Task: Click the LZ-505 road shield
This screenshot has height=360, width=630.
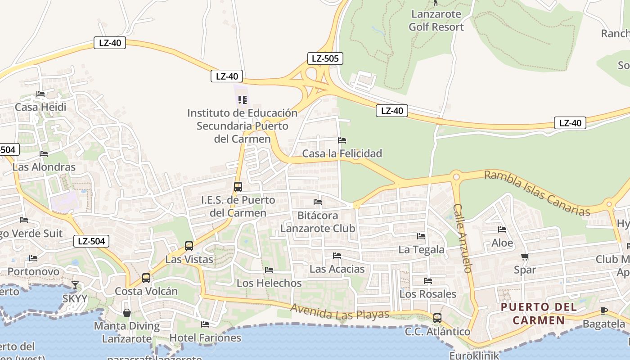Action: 325,58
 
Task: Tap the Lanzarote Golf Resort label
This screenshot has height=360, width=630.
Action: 436,20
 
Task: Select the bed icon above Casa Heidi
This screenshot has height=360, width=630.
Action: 40,94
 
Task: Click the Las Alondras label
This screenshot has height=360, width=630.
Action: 44,167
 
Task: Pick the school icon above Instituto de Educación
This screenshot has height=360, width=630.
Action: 243,99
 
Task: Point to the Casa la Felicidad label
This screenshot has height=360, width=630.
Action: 342,153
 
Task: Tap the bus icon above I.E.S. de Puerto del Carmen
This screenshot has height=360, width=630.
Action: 238,186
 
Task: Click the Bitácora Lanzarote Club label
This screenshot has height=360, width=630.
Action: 318,222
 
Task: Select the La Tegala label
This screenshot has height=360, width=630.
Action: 422,249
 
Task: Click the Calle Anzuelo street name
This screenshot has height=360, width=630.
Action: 462,238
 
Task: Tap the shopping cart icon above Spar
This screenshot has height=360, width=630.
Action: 525,257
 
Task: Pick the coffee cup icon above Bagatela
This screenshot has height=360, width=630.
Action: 604,311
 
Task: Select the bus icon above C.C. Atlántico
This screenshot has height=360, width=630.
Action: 437,318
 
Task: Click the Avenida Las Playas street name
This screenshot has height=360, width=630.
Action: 340,312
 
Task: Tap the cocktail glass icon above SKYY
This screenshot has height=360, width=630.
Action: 75,285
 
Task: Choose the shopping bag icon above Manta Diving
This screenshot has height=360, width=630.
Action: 127,312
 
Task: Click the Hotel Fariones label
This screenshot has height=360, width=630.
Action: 205,337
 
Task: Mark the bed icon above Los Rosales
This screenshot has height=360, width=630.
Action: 427,281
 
